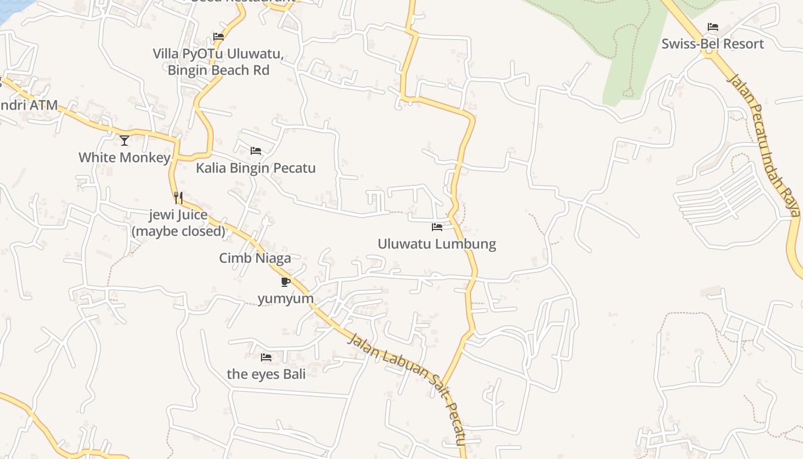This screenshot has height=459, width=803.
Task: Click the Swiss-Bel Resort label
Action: point(712,44)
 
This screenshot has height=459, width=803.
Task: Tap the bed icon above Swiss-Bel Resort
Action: point(713,27)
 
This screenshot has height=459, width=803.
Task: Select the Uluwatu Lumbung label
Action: point(436,244)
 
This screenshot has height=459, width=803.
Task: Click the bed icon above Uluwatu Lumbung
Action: point(437,227)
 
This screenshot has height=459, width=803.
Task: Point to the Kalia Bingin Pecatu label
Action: point(256,168)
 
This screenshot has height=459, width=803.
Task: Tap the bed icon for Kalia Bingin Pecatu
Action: point(256,151)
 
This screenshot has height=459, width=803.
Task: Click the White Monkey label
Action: point(124,157)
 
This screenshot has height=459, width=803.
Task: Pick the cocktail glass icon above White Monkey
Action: point(124,140)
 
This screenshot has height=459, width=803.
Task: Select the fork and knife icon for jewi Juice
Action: point(178,198)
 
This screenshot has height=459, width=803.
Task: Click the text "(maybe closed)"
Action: point(178,231)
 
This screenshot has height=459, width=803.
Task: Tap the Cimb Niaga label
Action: point(255,258)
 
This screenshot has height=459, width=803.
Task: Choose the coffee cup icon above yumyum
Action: point(286,282)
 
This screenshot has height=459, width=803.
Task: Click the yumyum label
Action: point(286,298)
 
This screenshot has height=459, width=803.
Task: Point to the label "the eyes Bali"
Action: point(266,374)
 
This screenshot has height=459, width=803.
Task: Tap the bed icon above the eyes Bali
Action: point(266,357)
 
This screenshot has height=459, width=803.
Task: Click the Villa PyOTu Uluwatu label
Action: point(218,54)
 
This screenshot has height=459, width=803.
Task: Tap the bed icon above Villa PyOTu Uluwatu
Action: point(219,37)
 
